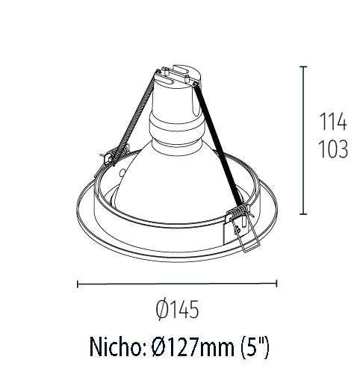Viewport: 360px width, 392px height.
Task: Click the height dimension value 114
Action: [x=333, y=122]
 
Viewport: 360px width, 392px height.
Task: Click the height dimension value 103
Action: [x=333, y=149]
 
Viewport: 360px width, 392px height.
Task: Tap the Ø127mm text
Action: [x=196, y=347]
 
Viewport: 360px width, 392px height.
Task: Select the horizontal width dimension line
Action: [x=177, y=283]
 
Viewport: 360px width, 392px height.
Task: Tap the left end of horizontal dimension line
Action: [x=78, y=283]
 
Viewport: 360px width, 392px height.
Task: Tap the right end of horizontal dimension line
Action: [x=277, y=283]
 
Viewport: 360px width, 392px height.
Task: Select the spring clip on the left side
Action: [x=110, y=156]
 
